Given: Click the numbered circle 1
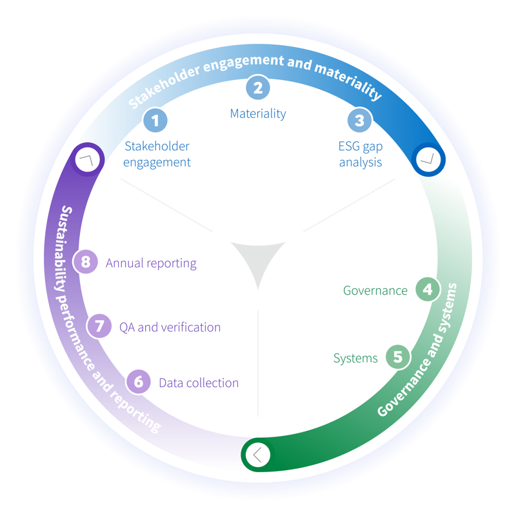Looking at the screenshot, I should (x=155, y=120).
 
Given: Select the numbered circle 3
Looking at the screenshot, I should (x=359, y=120).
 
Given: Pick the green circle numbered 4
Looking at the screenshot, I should (x=427, y=290).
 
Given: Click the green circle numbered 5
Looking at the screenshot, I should (x=397, y=357).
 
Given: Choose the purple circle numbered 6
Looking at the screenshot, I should (x=138, y=382).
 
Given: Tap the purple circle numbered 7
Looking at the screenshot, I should (x=99, y=326).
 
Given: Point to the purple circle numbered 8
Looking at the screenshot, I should (x=85, y=263).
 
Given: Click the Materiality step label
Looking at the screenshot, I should (x=257, y=114).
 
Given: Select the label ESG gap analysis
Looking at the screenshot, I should (x=360, y=154).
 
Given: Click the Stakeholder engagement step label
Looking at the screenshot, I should (x=157, y=154).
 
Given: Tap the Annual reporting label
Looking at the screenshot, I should (x=151, y=263).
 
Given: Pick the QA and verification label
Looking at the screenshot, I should (x=170, y=327).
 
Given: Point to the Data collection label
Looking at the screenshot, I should (x=199, y=382).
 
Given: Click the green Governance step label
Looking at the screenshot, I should (x=375, y=290).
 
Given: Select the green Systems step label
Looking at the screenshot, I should (x=355, y=358).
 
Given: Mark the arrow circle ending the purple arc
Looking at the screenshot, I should (x=87, y=159).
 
